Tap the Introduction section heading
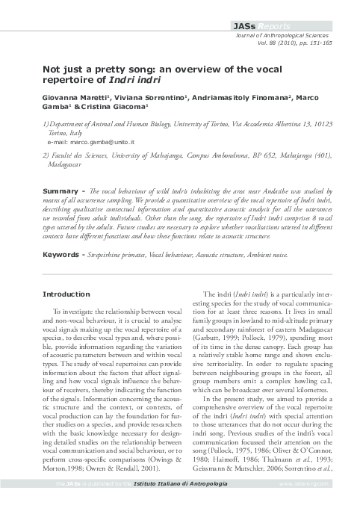pos(67,294)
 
